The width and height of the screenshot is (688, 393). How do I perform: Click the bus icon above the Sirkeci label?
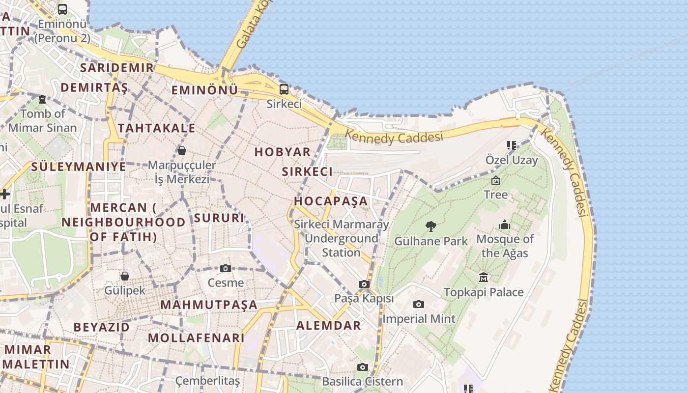click(x=284, y=89)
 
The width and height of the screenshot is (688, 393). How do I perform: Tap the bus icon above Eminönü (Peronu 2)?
click(x=62, y=9)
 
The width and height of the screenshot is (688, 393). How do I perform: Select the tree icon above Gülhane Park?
click(x=431, y=226)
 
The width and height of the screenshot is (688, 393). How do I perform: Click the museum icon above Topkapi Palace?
click(x=484, y=277)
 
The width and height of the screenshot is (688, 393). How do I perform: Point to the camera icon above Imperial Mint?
click(x=418, y=304)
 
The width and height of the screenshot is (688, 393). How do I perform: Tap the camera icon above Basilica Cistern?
click(x=363, y=367)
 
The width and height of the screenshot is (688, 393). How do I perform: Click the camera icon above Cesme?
click(x=226, y=268)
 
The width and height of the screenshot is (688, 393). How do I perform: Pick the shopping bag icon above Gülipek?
click(x=125, y=276)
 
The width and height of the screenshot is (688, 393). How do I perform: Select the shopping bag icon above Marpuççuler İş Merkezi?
click(x=182, y=150)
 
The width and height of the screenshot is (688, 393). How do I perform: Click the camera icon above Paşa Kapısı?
click(x=364, y=284)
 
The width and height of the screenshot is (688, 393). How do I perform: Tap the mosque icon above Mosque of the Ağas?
click(x=505, y=225)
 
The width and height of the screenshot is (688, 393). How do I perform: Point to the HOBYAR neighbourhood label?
click(x=283, y=152)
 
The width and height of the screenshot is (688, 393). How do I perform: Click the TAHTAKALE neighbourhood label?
click(x=157, y=128)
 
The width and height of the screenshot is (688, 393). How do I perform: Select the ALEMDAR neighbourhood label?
click(x=328, y=325)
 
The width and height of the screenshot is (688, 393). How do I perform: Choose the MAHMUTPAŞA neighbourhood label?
click(x=209, y=305)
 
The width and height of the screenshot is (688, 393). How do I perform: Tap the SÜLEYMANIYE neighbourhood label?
click(x=79, y=167)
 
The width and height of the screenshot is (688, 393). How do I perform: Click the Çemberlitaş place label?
click(x=208, y=381)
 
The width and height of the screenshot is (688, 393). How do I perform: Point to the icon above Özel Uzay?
click(x=512, y=145)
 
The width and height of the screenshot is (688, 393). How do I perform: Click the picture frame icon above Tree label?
click(x=495, y=180)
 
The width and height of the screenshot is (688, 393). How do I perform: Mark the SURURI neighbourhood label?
click(x=219, y=218)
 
